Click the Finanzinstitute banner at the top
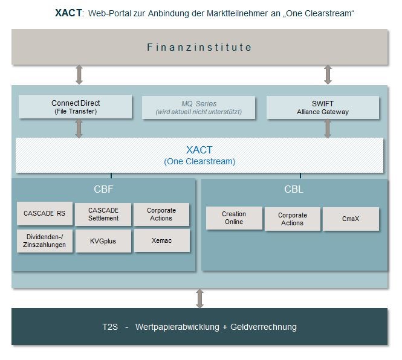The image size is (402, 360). click(199, 47)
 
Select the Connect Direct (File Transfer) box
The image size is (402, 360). click(75, 107)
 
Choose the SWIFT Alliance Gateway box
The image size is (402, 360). click(323, 107)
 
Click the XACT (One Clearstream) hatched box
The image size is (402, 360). click(199, 155)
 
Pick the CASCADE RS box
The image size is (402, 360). click(44, 213)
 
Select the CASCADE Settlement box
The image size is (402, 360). click(103, 214)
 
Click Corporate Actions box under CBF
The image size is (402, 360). click(161, 214)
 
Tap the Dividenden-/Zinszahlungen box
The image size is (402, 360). click(44, 240)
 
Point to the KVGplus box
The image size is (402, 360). click(103, 240)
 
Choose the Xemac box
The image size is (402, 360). click(161, 240)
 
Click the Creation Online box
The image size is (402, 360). click(234, 218)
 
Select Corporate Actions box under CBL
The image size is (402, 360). click(293, 219)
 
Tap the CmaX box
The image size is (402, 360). click(351, 219)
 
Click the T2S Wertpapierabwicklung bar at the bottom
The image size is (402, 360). click(199, 327)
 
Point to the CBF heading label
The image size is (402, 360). click(103, 189)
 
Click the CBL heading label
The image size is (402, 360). click(294, 189)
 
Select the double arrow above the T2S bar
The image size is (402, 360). click(199, 298)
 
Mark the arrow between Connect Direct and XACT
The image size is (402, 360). click(79, 128)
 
